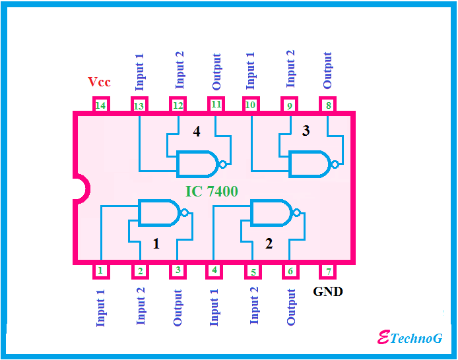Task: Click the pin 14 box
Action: (x=101, y=105)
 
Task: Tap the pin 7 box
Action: (x=328, y=271)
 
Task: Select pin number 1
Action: (x=100, y=271)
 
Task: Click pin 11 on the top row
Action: (x=216, y=105)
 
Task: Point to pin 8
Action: (x=328, y=105)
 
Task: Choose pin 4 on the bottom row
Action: (x=214, y=271)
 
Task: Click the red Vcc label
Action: (x=100, y=82)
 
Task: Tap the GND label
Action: (x=328, y=291)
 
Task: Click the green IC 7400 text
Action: (x=211, y=191)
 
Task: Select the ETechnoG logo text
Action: (x=409, y=338)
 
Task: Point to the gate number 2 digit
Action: (x=269, y=243)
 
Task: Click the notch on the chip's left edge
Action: (x=79, y=188)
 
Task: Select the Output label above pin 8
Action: (x=328, y=71)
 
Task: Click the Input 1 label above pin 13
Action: (x=139, y=72)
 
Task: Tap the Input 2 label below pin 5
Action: (x=255, y=305)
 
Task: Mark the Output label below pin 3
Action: (x=178, y=307)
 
